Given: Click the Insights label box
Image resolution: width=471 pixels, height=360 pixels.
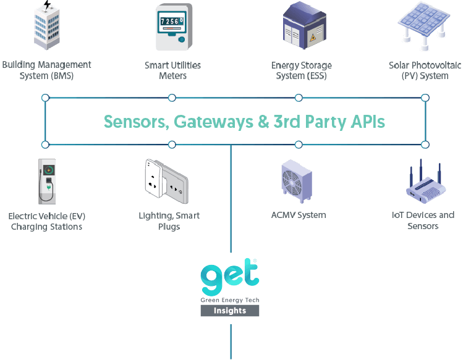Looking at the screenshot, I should [229, 311].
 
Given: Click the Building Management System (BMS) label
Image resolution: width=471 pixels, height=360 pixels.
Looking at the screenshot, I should [46, 70].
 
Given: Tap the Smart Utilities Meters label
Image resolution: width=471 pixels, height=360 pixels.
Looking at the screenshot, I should [172, 70].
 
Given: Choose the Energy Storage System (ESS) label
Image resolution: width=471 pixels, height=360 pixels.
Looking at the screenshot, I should [302, 70].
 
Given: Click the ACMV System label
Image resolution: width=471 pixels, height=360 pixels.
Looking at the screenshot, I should [299, 215].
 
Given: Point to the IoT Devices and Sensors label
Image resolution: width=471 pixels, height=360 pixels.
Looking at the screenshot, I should [423, 220].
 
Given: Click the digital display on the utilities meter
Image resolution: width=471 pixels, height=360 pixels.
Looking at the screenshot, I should [169, 21].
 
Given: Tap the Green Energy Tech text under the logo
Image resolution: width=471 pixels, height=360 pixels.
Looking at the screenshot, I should [229, 299].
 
